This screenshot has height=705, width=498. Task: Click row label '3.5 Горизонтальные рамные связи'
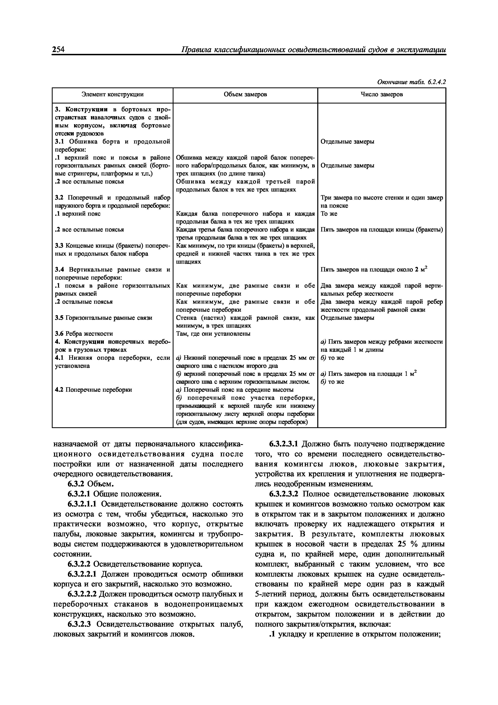click(x=103, y=318)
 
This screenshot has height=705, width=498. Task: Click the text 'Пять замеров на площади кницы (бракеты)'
click(x=381, y=230)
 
